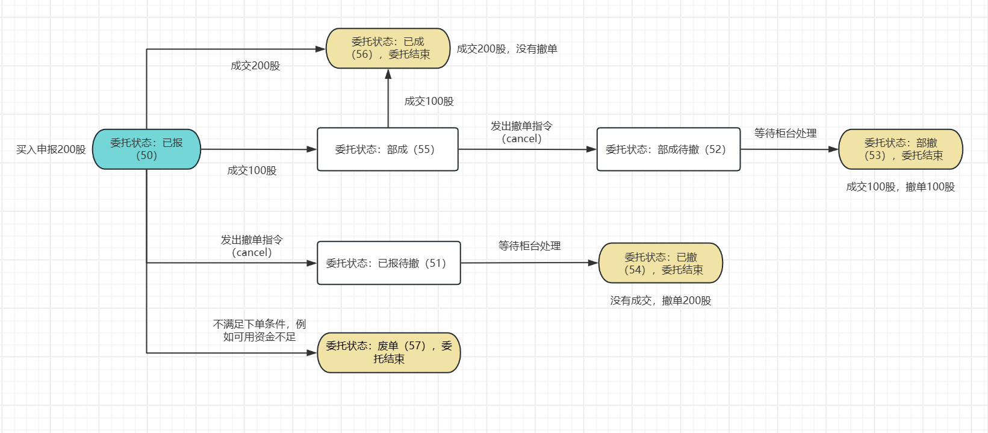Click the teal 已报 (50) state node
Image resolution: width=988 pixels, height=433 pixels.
click(x=146, y=149)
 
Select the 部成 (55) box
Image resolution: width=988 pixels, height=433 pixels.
click(x=387, y=149)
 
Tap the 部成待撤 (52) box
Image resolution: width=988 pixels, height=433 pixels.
click(x=668, y=149)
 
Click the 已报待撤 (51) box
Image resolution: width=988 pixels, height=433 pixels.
click(x=388, y=263)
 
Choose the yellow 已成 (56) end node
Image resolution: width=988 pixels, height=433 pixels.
click(x=388, y=48)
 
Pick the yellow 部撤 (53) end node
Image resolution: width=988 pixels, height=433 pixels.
click(x=900, y=149)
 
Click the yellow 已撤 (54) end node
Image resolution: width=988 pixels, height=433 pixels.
click(x=660, y=263)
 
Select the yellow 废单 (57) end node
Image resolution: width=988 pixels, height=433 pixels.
click(x=388, y=352)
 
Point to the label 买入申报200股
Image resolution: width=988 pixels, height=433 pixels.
click(x=51, y=149)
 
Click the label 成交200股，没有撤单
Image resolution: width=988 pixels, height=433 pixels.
click(x=507, y=49)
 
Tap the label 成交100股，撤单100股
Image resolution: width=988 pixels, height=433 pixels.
click(x=900, y=187)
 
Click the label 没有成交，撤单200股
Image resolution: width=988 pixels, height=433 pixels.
click(x=660, y=301)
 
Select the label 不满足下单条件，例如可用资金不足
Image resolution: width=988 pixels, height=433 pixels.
click(x=259, y=331)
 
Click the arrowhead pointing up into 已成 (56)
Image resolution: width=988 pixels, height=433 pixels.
click(x=388, y=74)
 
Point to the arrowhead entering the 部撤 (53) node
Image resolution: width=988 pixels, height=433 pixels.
click(x=833, y=149)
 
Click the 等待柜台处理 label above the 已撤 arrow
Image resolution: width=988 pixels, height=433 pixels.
click(x=529, y=246)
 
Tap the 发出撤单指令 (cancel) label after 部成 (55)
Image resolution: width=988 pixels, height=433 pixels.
click(x=521, y=132)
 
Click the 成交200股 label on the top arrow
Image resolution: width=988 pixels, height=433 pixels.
click(x=255, y=66)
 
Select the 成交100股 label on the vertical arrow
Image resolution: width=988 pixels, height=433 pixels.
click(x=429, y=101)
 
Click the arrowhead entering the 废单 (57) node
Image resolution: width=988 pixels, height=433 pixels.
click(x=312, y=353)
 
